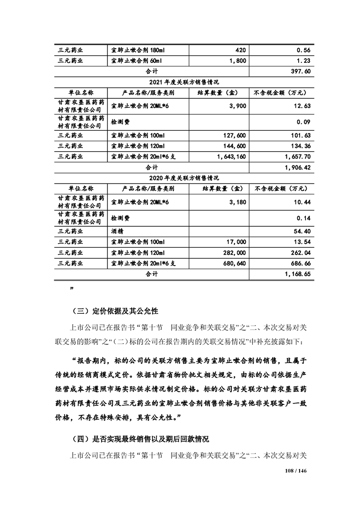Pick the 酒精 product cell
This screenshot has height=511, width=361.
117,232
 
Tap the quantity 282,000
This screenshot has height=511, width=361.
234,253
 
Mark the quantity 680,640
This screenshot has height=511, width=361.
234,264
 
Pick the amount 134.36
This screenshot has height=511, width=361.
300,146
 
